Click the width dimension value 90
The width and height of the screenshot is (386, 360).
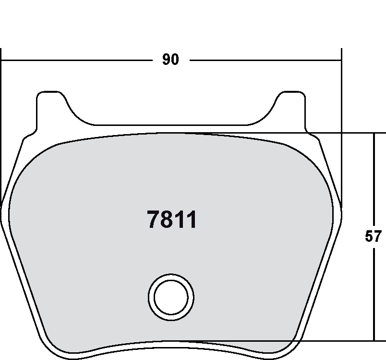point(170,60)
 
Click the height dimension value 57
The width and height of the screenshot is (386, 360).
point(373,236)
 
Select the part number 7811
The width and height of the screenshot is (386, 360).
point(171,220)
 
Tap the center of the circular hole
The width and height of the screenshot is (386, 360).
point(171,297)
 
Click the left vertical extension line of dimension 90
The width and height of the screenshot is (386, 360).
point(1,120)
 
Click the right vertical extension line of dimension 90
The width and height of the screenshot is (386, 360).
point(341,120)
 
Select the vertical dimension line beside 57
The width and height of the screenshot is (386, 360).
point(374,183)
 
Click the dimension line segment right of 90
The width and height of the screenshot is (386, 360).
point(264,60)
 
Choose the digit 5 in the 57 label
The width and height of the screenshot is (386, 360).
point(369,236)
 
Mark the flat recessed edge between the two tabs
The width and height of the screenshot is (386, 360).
point(170,124)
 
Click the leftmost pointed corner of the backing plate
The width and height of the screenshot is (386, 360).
point(1,211)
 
